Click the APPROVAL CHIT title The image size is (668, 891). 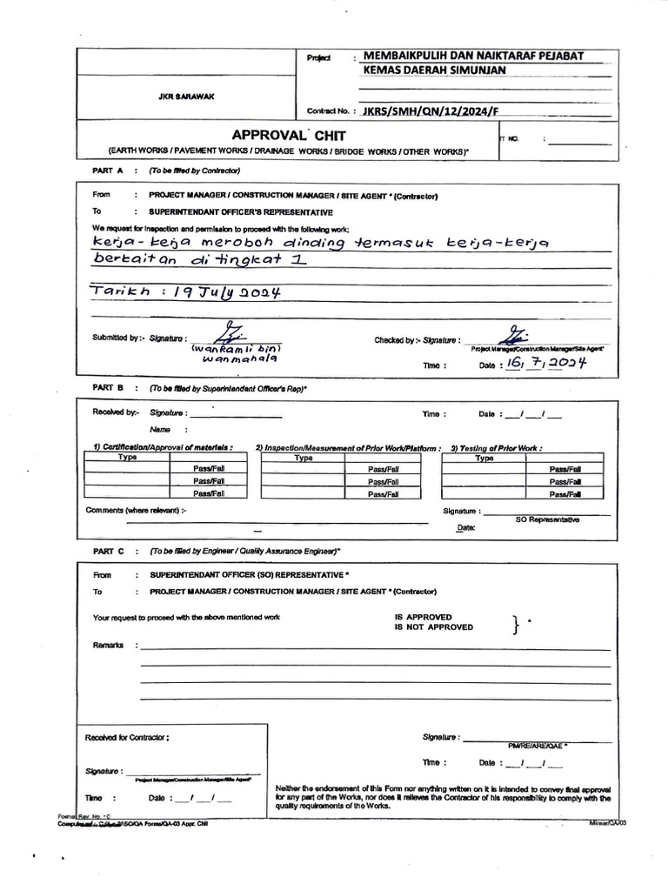pos(288,135)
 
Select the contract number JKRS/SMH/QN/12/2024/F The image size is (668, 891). pos(432,111)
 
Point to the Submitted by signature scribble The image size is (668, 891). pos(234,333)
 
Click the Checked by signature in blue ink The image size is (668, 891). pos(513,335)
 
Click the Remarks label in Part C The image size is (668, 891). pos(109,646)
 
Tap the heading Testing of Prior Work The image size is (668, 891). pos(496,448)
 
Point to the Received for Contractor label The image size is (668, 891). pos(127,737)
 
